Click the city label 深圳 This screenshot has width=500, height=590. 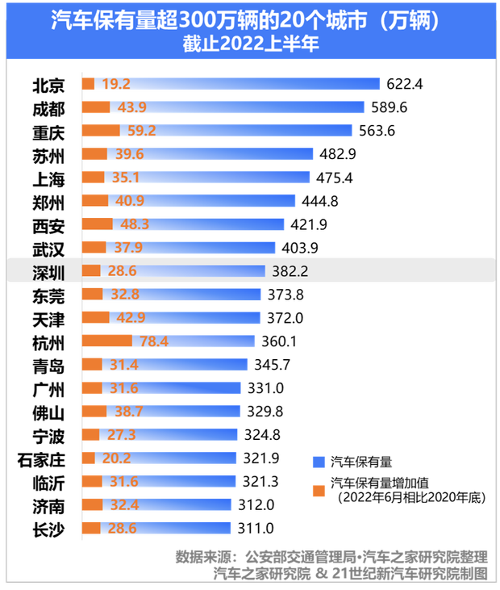click(48, 272)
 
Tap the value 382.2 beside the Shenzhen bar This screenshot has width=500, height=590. click(290, 271)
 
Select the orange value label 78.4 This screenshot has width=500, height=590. click(153, 341)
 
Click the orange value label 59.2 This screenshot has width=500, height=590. click(141, 130)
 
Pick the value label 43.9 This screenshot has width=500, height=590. click(131, 107)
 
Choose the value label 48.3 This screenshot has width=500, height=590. click(135, 224)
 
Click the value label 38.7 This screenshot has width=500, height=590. click(128, 412)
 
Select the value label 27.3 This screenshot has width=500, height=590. click(117, 435)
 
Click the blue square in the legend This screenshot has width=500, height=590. click(319, 462)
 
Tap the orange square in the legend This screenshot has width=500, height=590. click(319, 491)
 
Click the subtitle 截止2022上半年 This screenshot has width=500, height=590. click(250, 45)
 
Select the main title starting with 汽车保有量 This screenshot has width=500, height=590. click(250, 21)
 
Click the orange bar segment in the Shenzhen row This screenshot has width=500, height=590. click(91, 270)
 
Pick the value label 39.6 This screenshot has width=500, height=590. click(128, 153)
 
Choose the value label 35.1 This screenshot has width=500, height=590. click(126, 177)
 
